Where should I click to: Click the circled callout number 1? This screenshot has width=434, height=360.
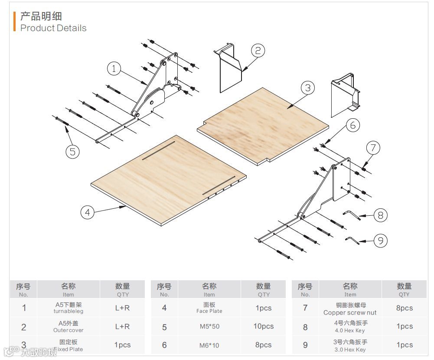tap(114, 68)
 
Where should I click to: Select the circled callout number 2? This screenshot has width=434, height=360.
tap(258, 51)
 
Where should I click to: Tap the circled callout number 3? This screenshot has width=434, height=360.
tap(307, 88)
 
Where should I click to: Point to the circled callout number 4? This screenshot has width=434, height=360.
tap(88, 212)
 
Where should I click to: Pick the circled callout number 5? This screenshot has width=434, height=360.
tap(72, 151)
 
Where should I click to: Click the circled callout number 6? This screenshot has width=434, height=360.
tap(352, 125)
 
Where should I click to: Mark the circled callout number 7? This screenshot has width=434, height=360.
tap(373, 148)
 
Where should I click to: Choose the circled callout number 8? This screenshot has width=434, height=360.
tap(380, 215)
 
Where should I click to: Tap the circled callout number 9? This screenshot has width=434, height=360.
tap(380, 240)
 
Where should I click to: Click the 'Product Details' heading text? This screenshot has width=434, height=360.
tap(53, 28)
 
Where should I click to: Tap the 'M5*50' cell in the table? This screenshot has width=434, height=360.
tap(209, 327)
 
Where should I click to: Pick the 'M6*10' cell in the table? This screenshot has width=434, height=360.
tap(209, 345)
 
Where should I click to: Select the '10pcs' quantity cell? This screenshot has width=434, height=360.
tap(263, 326)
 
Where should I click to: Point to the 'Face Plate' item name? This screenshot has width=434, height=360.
tap(209, 311)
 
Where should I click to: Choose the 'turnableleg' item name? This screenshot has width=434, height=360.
tap(68, 311)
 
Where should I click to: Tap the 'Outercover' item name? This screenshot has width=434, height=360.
tap(68, 330)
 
